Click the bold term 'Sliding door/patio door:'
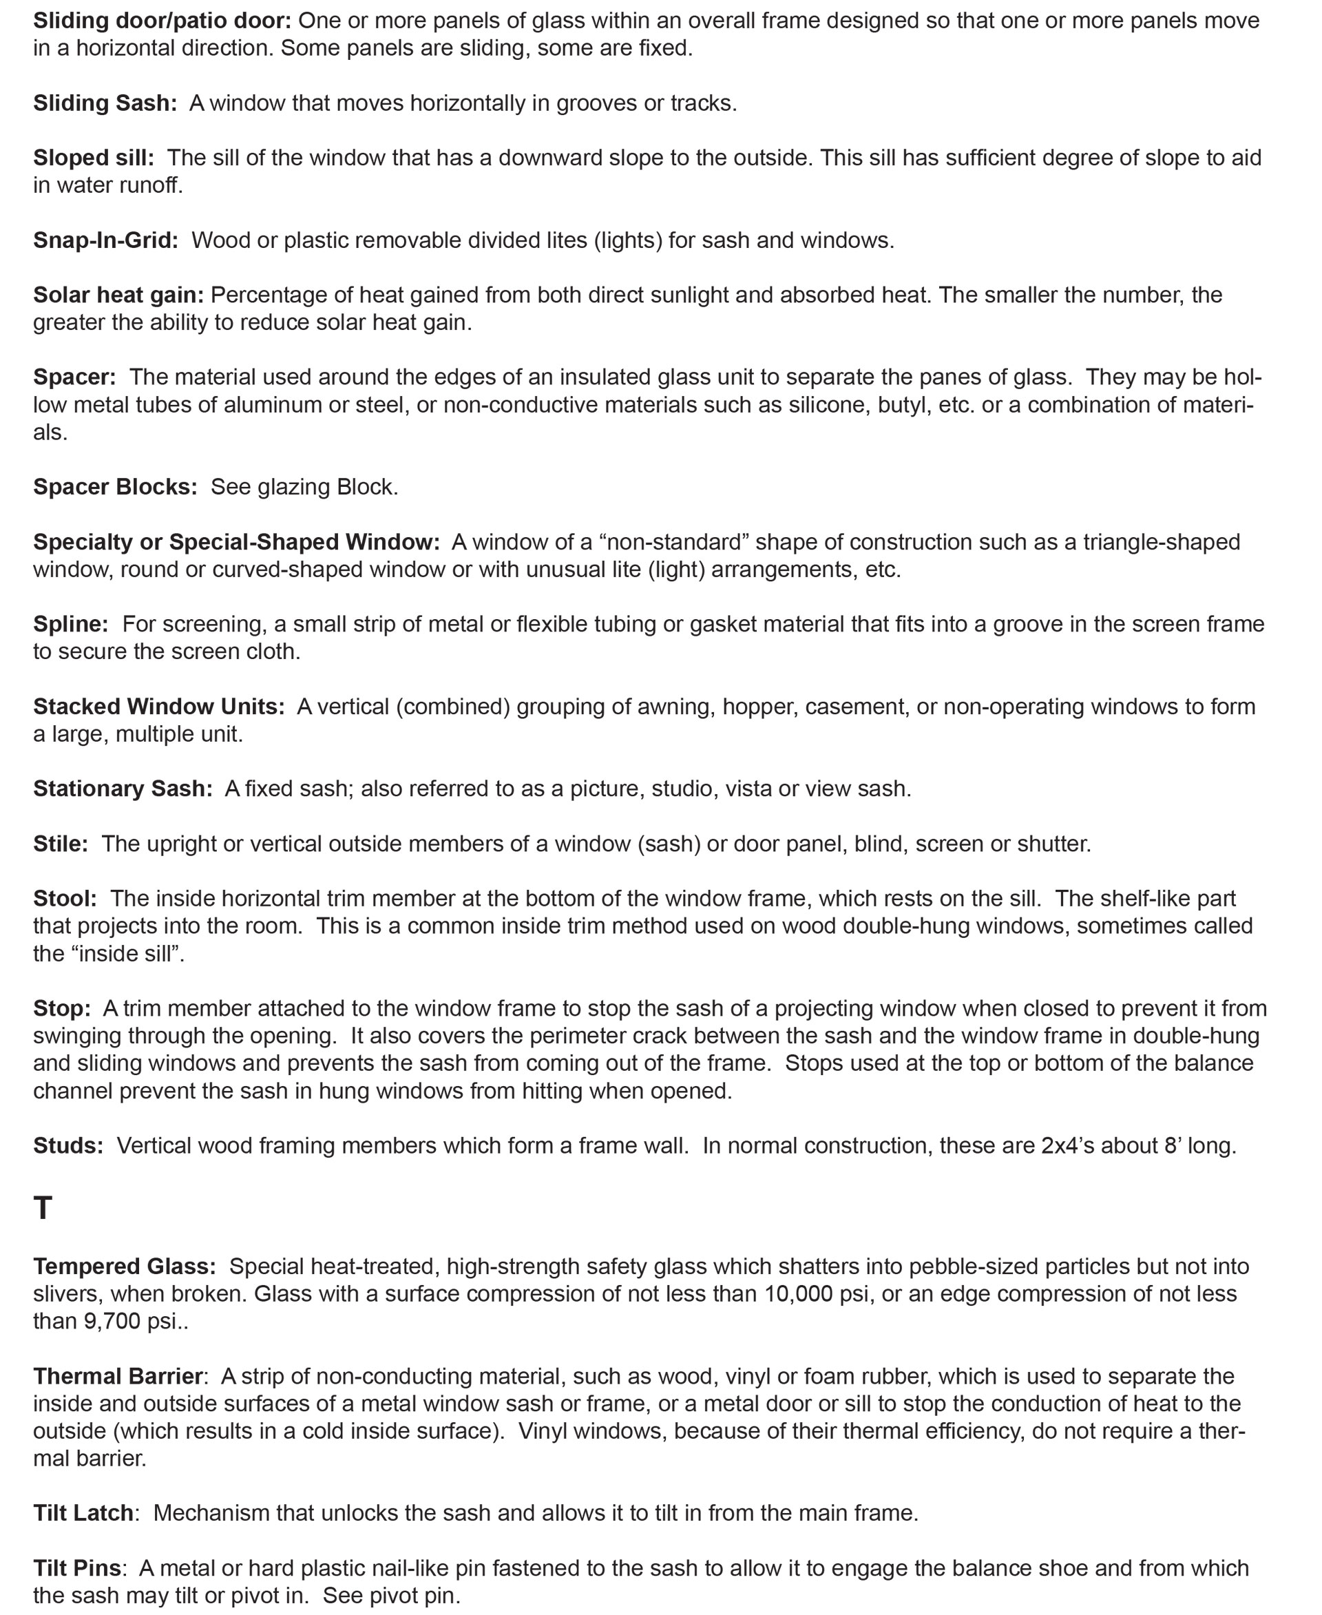(161, 21)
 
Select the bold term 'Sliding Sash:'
(105, 103)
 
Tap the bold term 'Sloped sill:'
(93, 158)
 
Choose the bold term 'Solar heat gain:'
(118, 295)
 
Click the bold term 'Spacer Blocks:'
(115, 487)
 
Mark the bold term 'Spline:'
(71, 624)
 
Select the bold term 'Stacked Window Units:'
(158, 706)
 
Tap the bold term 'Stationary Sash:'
(123, 789)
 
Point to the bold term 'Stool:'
(65, 898)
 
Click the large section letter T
(43, 1208)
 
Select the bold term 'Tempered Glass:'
(124, 1266)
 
